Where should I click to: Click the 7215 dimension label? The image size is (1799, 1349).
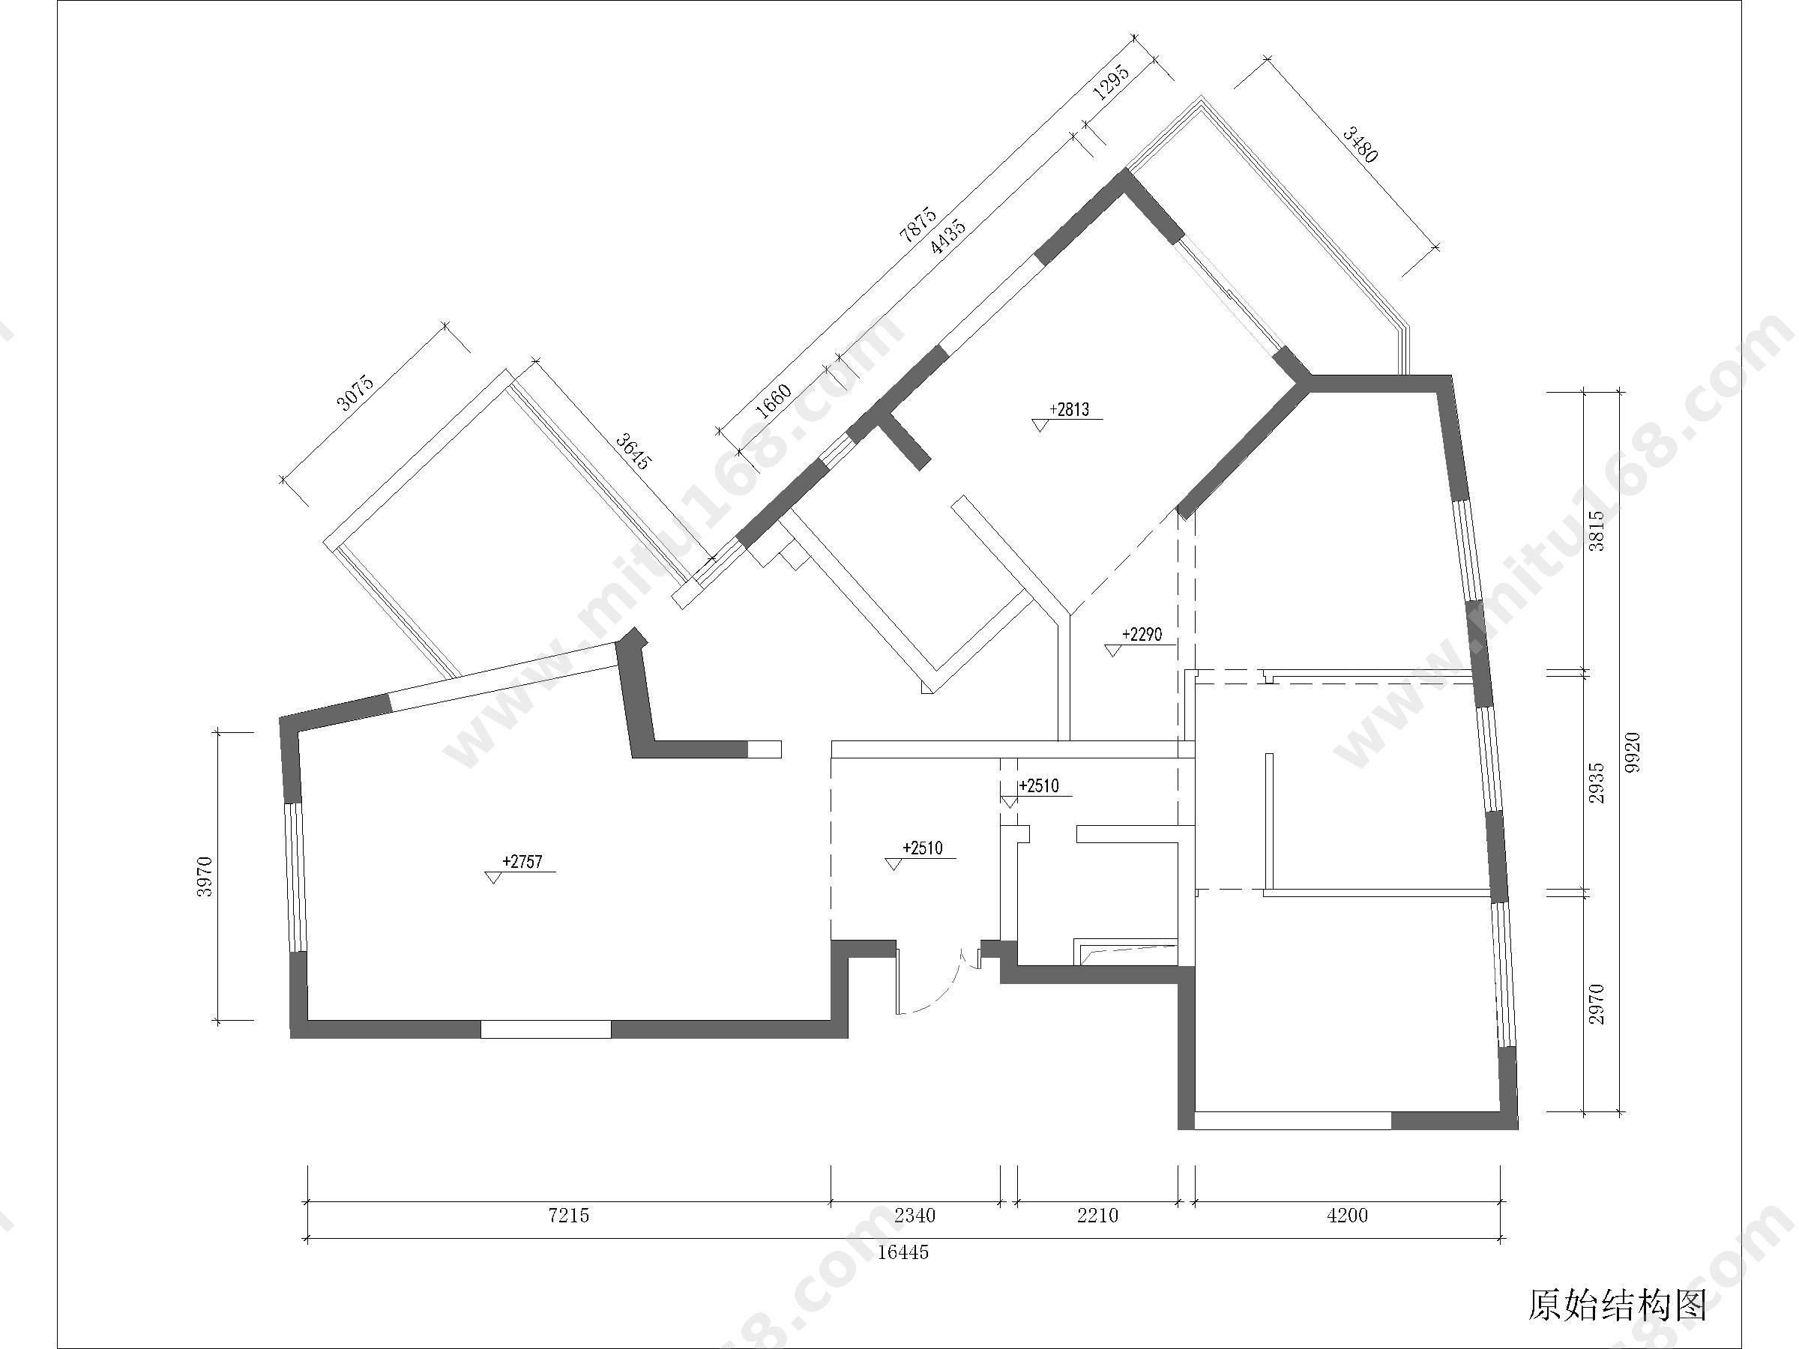click(568, 1216)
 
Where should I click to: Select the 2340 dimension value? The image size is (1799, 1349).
click(915, 1216)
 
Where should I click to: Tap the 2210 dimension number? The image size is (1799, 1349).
click(1098, 1216)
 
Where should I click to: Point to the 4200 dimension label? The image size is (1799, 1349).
click(1347, 1216)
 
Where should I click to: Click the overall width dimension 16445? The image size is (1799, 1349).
click(902, 1252)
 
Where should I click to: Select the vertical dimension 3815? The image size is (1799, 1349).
click(1597, 531)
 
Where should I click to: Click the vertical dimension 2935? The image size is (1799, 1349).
click(1597, 783)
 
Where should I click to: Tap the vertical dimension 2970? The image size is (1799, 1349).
click(1597, 1004)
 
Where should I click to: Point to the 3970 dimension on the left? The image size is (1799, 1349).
click(204, 877)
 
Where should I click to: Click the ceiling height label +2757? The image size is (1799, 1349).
click(522, 862)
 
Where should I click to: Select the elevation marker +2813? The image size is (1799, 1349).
click(1069, 410)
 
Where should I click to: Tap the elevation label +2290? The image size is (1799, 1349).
click(1142, 634)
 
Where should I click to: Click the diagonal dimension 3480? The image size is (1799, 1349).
click(1360, 145)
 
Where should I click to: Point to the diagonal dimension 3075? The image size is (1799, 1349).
click(355, 392)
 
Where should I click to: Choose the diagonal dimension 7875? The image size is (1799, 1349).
click(918, 226)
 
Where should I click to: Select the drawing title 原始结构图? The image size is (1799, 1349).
click(1617, 1305)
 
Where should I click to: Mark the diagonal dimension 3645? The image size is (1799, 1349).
click(633, 452)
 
